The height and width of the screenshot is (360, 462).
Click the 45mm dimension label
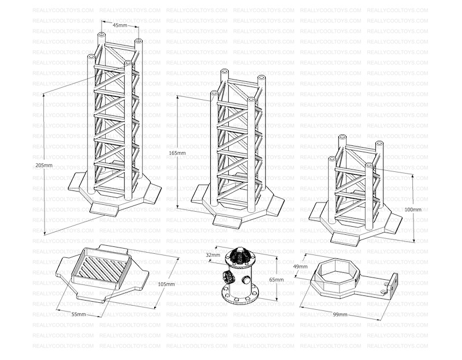[x=120, y=25]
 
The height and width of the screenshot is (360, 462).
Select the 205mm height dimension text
[x=44, y=165]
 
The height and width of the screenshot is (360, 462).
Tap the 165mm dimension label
[x=177, y=153]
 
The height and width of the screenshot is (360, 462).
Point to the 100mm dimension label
[x=413, y=209]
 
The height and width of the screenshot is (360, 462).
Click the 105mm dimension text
[x=166, y=284]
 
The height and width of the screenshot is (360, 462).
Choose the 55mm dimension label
[x=79, y=314]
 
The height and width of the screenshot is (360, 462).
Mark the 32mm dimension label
[x=213, y=255]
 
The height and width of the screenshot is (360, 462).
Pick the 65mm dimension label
[x=277, y=280]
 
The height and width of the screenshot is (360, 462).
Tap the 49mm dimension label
[x=300, y=267]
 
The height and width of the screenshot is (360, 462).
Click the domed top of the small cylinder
[x=239, y=254]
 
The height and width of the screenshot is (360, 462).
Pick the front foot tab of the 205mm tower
[x=105, y=208]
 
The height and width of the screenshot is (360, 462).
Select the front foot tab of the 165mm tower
[x=228, y=220]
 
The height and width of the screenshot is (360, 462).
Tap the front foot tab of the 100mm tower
[x=345, y=238]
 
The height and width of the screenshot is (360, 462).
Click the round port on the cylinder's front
[x=246, y=279]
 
